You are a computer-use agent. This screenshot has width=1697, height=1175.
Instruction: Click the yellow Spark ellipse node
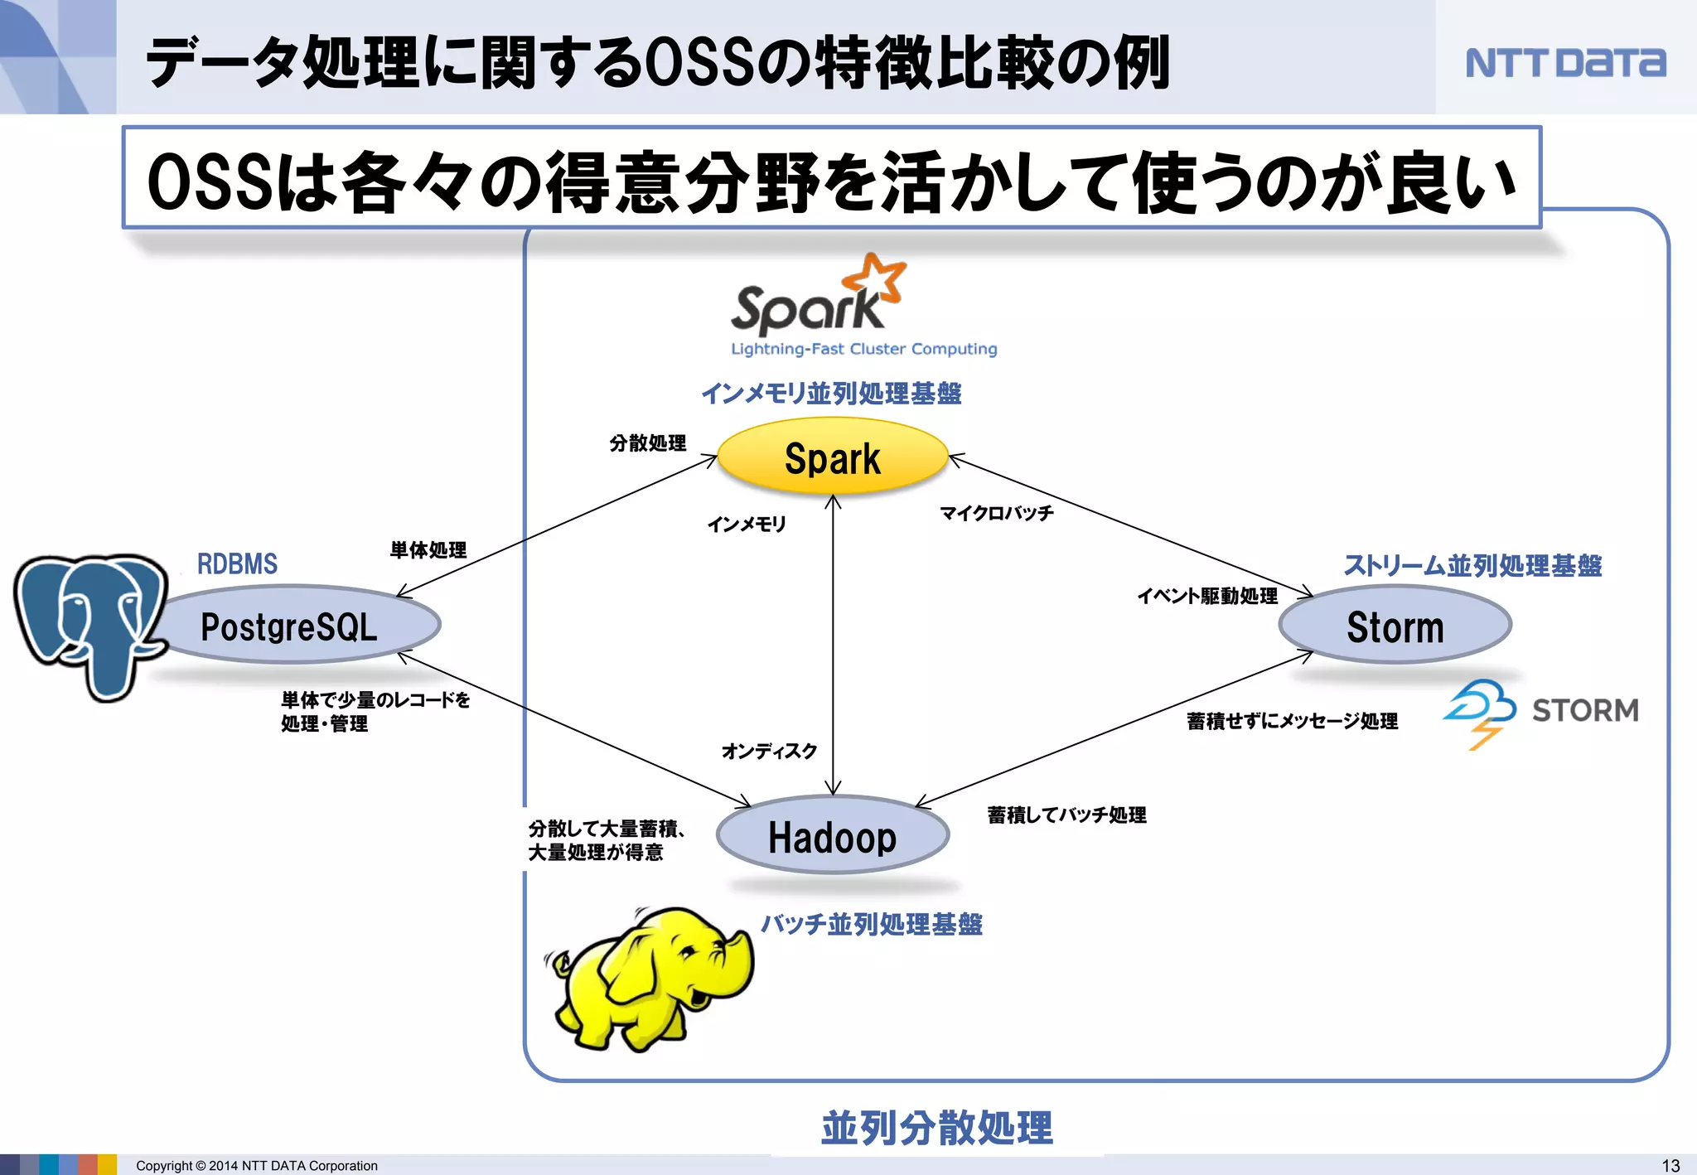[x=832, y=457]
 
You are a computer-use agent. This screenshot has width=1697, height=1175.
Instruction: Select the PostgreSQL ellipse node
[x=290, y=626]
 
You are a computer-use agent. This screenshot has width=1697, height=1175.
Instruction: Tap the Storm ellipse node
[x=1395, y=626]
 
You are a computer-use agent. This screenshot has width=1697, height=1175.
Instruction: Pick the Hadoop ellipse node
[x=832, y=836]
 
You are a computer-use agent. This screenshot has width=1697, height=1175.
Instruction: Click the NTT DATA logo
[x=1565, y=63]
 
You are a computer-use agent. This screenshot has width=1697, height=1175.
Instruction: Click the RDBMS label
[x=237, y=564]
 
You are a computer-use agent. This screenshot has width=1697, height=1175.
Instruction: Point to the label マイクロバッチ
[x=997, y=513]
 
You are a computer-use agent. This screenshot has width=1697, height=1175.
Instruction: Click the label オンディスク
[x=769, y=751]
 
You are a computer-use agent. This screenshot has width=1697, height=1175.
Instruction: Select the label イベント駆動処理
[x=1207, y=596]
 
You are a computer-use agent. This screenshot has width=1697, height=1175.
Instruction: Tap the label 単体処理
[x=428, y=549]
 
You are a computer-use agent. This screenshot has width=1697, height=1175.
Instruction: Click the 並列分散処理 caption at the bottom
[x=936, y=1128]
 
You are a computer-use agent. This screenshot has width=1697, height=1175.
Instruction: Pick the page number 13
[x=1670, y=1165]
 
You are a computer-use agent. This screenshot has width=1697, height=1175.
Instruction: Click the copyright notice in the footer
[x=257, y=1165]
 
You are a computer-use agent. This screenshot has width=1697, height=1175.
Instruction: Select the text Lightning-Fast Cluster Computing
[x=863, y=349]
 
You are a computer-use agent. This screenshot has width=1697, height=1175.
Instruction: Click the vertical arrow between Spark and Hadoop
[x=833, y=646]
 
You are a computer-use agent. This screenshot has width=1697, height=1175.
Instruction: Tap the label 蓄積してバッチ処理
[x=1067, y=815]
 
